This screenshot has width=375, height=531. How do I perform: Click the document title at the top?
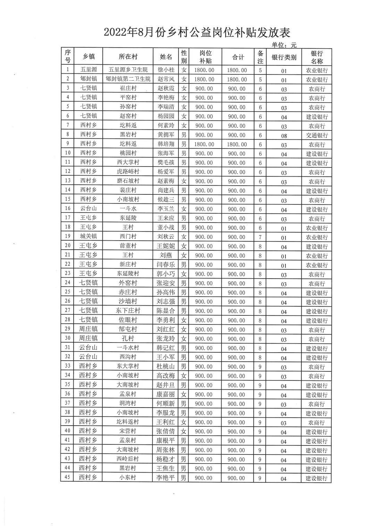(197, 33)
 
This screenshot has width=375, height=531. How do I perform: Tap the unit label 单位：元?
(284, 45)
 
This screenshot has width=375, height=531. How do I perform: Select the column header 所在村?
(128, 57)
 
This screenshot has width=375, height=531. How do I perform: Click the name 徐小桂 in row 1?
(166, 70)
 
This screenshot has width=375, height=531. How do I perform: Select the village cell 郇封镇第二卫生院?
(128, 79)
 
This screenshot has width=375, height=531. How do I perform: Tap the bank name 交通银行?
(317, 135)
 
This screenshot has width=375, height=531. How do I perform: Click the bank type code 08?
(284, 136)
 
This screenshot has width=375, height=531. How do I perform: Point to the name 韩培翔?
(166, 144)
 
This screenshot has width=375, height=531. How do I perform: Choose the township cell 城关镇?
(88, 237)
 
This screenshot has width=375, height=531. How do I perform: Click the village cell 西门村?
(128, 237)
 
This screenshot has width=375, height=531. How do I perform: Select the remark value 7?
(260, 237)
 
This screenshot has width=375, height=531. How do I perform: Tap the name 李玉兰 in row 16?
(166, 209)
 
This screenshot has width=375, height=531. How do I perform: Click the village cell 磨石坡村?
(128, 182)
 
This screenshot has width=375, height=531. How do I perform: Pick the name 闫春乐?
(166, 265)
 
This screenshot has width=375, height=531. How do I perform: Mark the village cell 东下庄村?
(128, 311)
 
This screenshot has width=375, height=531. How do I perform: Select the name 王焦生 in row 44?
(166, 468)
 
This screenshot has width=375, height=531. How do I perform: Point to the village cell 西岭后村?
(128, 459)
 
